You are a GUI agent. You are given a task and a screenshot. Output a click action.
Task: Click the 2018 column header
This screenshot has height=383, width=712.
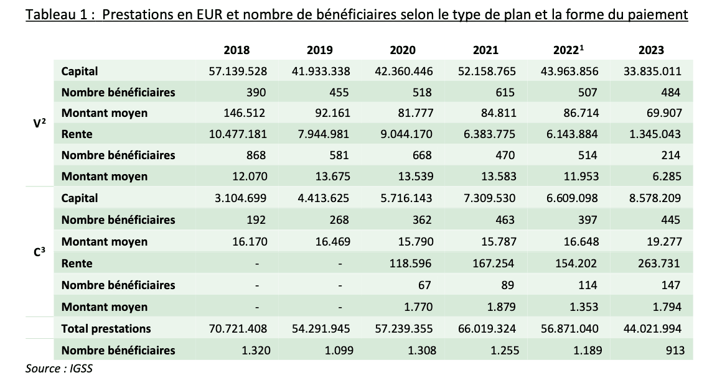pyautogui.click(x=237, y=50)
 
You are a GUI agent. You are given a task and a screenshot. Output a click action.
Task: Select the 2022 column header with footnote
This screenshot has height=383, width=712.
pyautogui.click(x=568, y=50)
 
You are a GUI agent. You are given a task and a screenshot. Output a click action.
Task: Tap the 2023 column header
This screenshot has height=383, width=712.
pyautogui.click(x=652, y=50)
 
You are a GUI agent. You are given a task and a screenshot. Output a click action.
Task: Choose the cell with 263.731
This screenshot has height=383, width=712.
pyautogui.click(x=660, y=264)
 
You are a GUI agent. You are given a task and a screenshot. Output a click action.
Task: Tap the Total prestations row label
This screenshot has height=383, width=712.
pyautogui.click(x=106, y=328)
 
